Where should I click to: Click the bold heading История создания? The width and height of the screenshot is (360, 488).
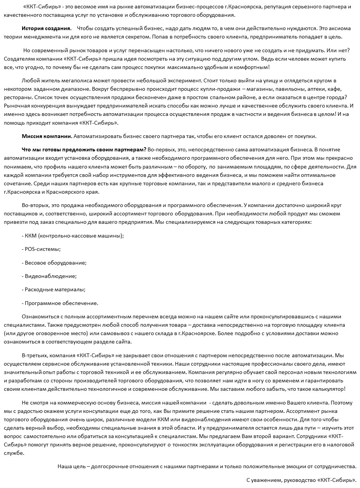[46, 28]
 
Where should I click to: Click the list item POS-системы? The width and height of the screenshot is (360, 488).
[42, 249]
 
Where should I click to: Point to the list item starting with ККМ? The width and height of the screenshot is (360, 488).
[73, 236]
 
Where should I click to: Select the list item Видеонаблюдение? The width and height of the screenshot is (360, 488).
[49, 276]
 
